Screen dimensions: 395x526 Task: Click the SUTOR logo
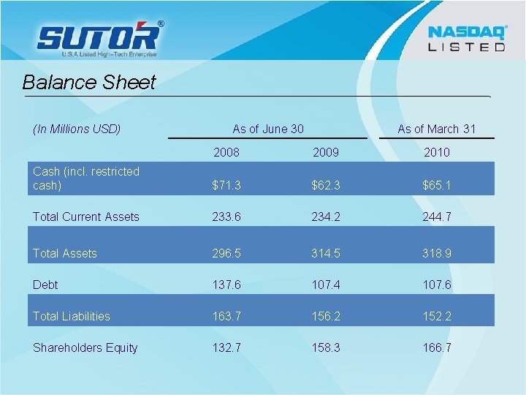(99, 38)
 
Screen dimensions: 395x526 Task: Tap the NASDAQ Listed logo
(466, 38)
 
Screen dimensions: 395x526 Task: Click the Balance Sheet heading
(89, 82)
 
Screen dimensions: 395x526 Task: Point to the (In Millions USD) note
(77, 129)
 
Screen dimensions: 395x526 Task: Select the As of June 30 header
(268, 129)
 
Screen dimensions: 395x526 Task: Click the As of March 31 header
(436, 129)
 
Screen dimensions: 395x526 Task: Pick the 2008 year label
(226, 153)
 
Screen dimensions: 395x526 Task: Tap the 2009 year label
(326, 153)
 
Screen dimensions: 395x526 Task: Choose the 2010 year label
(436, 153)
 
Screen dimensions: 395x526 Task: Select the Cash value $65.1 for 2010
(436, 186)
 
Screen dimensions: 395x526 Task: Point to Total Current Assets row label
(86, 217)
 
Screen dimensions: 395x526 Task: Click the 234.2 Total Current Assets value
(326, 217)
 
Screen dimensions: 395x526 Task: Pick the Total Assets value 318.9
(436, 253)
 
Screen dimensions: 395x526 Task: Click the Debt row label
(45, 285)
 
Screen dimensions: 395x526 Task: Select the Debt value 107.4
(326, 285)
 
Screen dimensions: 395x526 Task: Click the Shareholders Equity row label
(85, 347)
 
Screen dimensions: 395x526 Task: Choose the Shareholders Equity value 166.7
(436, 347)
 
